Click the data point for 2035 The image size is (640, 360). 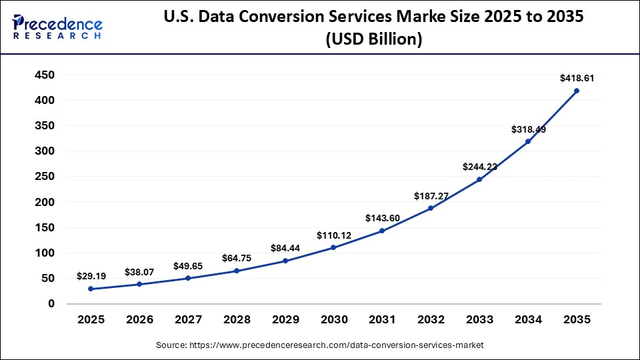[x=577, y=91]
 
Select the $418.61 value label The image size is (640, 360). [x=577, y=78]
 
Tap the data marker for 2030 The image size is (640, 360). [x=333, y=247]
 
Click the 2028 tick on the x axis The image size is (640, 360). [x=236, y=320]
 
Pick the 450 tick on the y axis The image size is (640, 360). [x=45, y=75]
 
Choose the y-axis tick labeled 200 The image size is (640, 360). [x=45, y=202]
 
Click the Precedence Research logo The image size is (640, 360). [x=57, y=27]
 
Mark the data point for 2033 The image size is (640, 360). [x=479, y=179]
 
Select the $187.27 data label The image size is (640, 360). [x=431, y=196]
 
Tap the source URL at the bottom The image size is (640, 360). [x=320, y=345]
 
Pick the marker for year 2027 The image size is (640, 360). [x=187, y=278]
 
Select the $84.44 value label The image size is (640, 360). [x=285, y=248]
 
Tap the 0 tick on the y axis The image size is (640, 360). [x=51, y=304]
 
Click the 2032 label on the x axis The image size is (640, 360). [x=431, y=320]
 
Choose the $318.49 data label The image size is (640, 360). [x=528, y=129]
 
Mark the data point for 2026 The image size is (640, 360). [x=139, y=284]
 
